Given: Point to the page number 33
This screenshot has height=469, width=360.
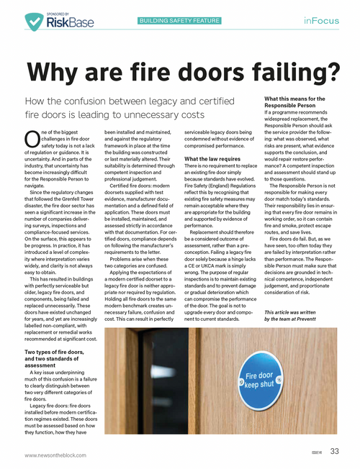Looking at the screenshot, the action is [335, 452].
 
